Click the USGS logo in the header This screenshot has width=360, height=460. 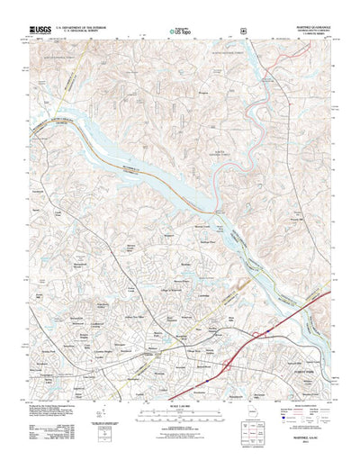41,30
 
